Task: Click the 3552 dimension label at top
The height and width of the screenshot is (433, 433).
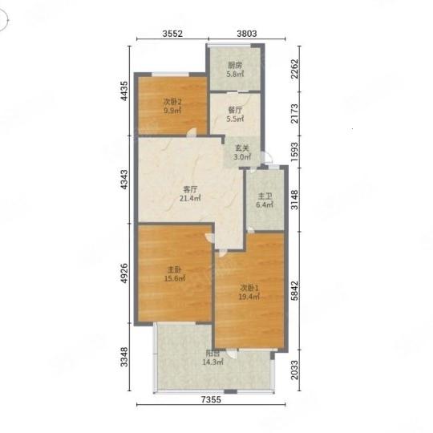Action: pos(172,34)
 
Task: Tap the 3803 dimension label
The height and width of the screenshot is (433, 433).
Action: pos(247,34)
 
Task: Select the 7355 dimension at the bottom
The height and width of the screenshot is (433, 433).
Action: pos(211,399)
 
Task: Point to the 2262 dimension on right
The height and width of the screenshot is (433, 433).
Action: pos(294,69)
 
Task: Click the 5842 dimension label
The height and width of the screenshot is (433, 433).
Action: pos(294,291)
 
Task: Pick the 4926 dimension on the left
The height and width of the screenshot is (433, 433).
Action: pos(124,273)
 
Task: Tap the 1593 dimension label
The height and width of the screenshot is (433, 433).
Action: pos(294,152)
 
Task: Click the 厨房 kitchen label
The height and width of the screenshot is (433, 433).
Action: pos(235,66)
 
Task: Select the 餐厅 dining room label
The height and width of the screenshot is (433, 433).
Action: pos(235,110)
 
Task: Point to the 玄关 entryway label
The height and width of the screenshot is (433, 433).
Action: pos(242,148)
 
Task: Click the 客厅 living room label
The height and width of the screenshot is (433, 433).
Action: pos(190,189)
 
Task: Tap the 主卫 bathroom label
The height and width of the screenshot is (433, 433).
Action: pos(265,196)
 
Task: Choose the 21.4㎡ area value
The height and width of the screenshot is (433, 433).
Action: pos(190,198)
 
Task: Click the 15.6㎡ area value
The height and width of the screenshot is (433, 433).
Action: pos(175,278)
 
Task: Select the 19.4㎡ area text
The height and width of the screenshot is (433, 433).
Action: pos(249,297)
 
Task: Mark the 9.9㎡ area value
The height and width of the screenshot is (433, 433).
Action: pos(172,111)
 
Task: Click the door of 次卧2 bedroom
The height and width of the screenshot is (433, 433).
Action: pos(191,132)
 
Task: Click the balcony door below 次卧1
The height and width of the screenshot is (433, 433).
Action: pos(232,353)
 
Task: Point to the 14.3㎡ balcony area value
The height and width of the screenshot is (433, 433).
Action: pos(213,362)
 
